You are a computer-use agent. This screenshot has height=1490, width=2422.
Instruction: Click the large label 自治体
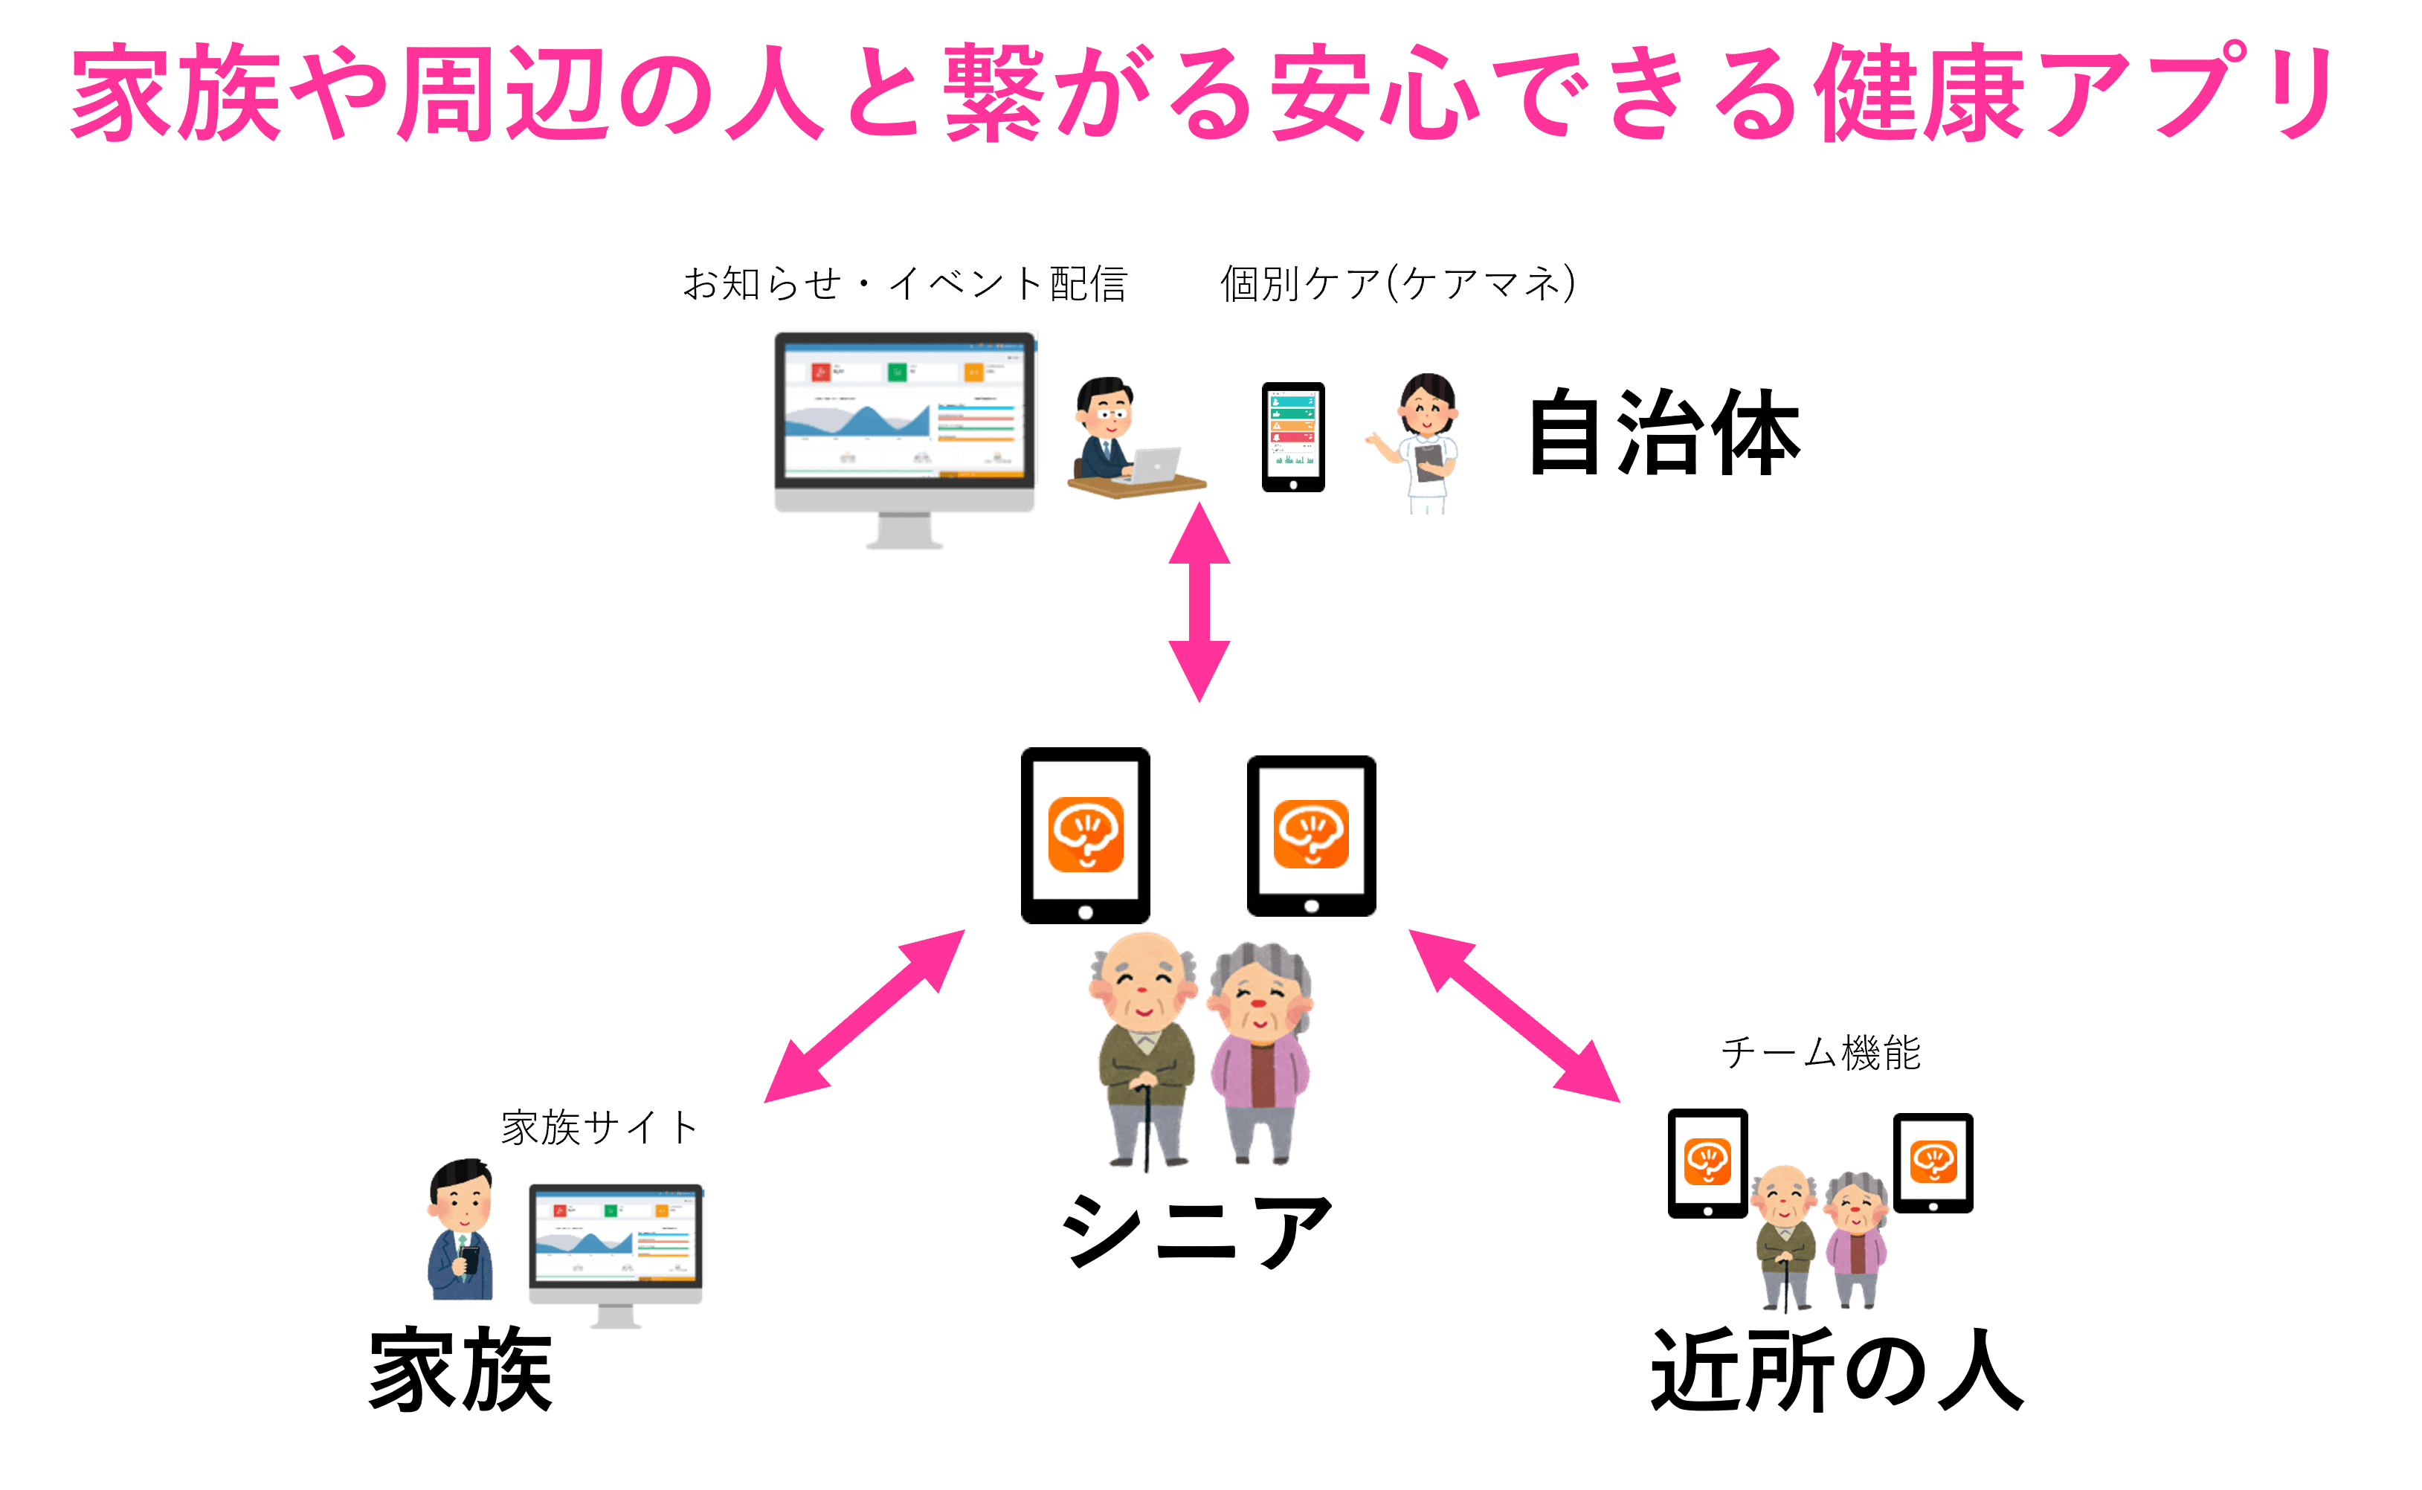tap(1664, 433)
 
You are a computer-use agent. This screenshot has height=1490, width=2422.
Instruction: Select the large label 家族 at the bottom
tap(460, 1370)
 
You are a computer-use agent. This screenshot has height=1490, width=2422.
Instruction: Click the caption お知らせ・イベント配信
tap(904, 284)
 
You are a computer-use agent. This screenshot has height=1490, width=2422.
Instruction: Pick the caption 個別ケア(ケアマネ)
tap(1398, 284)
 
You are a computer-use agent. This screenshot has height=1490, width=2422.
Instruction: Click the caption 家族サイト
tap(599, 1127)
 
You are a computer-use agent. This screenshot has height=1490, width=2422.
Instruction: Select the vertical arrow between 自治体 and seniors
tap(1199, 602)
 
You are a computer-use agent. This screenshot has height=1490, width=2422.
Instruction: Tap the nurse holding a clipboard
tap(1422, 443)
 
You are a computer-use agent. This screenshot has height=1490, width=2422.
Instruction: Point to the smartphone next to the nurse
tap(1292, 436)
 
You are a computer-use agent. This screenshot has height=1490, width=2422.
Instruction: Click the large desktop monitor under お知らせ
tap(904, 433)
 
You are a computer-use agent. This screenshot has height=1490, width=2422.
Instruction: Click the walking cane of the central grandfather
tap(1147, 1133)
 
